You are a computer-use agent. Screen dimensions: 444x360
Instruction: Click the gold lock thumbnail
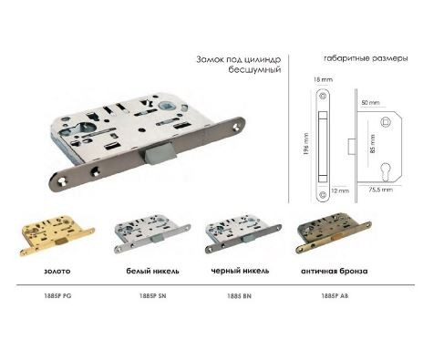tap(57, 235)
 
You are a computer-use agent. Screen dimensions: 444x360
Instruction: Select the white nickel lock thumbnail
tap(152, 233)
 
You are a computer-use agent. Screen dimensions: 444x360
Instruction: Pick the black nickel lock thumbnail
tap(243, 233)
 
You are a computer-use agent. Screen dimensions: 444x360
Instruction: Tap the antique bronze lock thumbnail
tap(334, 233)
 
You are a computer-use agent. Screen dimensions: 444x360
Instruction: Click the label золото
tap(57, 271)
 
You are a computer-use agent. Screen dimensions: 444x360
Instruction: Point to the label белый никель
tap(152, 271)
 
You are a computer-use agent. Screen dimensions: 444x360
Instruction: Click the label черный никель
tap(240, 271)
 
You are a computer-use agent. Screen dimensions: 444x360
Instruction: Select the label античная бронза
tap(335, 271)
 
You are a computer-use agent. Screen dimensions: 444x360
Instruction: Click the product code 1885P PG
tap(57, 295)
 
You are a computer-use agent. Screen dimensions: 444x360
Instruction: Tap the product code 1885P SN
tap(153, 295)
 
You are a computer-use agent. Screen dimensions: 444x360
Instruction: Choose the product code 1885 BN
tap(239, 296)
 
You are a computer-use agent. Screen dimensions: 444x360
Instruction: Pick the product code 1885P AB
tap(335, 295)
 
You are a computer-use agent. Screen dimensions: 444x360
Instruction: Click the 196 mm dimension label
tap(306, 144)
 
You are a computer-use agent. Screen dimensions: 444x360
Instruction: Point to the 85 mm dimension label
tap(373, 144)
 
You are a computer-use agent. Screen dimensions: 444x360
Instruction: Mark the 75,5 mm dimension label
tap(381, 190)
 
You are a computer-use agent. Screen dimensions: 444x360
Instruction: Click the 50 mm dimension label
tap(370, 103)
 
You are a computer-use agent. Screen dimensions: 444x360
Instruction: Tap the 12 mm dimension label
tap(340, 190)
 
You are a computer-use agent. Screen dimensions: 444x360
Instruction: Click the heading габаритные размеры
tap(366, 58)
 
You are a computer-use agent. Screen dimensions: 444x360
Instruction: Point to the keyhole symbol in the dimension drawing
tap(386, 171)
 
